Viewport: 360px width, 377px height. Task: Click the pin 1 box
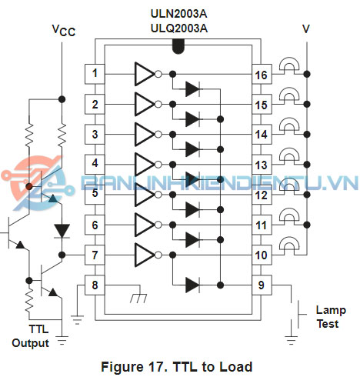click(95, 74)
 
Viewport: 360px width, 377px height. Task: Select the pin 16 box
click(262, 74)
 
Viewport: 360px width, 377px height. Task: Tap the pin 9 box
click(262, 285)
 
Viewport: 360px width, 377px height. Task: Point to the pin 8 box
click(95, 285)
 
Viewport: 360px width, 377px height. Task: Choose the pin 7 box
click(95, 255)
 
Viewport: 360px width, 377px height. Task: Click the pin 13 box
click(262, 165)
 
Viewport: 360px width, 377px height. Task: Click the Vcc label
click(64, 30)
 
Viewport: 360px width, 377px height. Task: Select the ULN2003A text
click(178, 14)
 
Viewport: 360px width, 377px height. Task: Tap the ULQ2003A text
click(179, 28)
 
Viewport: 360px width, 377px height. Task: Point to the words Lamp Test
click(331, 317)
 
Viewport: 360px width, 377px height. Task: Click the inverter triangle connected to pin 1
click(145, 74)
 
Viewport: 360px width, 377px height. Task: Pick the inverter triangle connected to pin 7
click(145, 255)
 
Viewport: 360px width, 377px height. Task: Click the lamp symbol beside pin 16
click(289, 64)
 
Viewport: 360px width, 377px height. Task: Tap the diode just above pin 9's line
click(192, 285)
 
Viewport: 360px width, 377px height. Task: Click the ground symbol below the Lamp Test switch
click(292, 339)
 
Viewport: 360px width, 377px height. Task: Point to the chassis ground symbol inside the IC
click(138, 298)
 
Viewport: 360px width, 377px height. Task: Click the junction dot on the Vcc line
click(62, 99)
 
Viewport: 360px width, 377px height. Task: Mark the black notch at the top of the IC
click(178, 47)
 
